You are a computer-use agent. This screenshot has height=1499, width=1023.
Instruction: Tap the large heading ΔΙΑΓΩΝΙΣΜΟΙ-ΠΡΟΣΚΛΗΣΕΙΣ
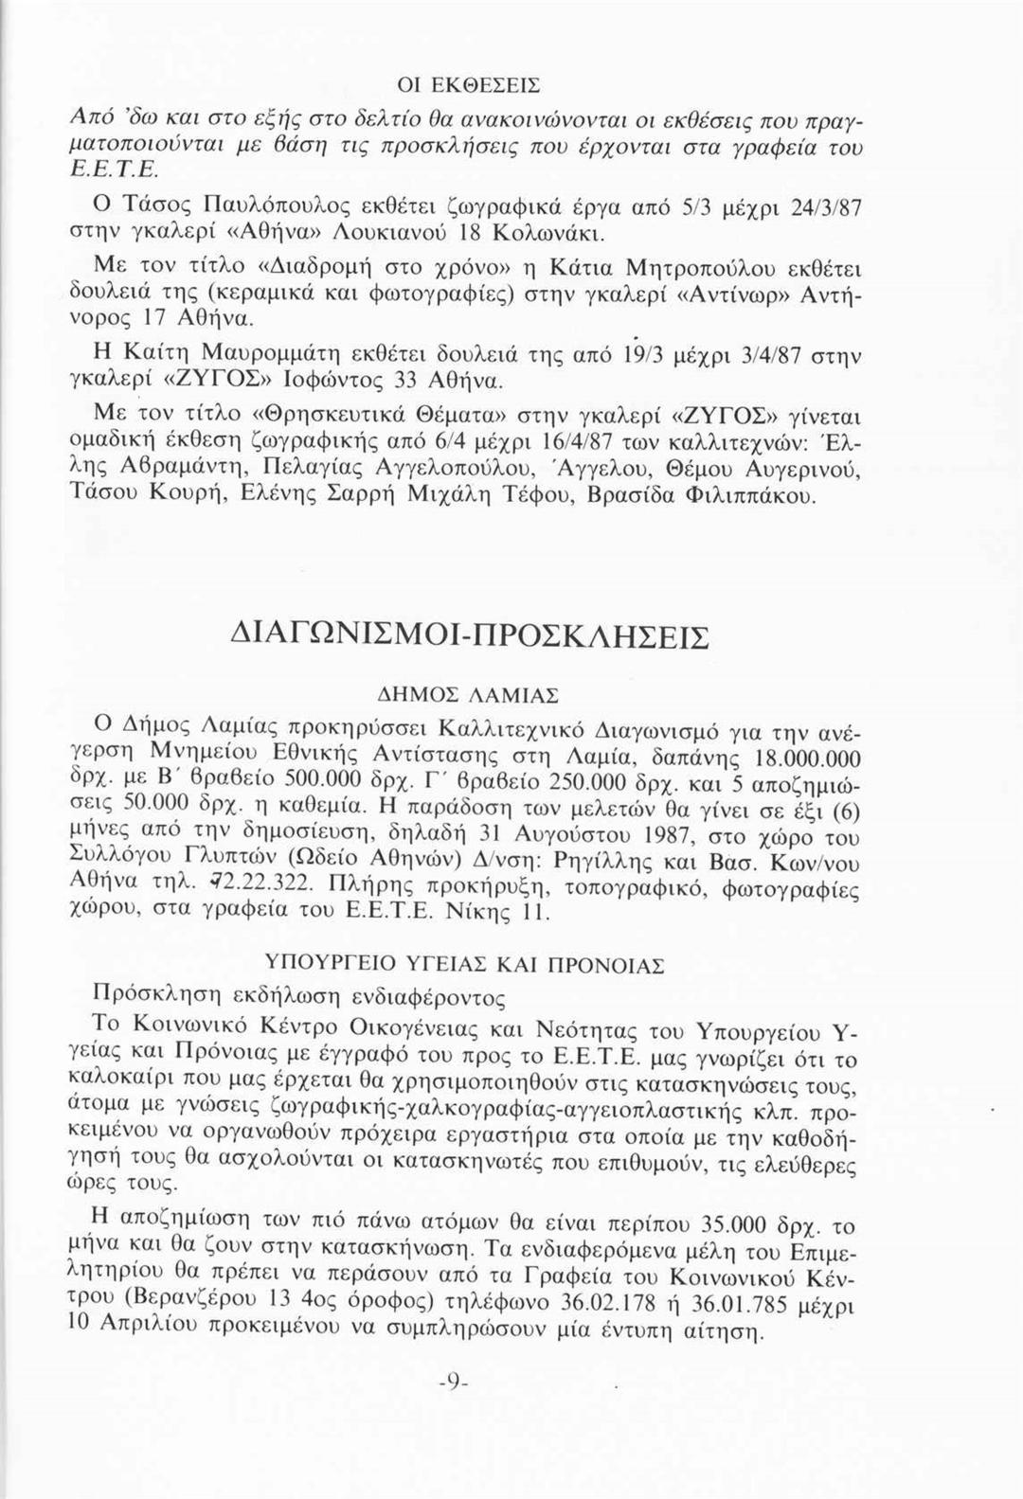511,635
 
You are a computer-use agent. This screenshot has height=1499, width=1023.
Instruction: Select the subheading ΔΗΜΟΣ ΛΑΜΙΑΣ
511,695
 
